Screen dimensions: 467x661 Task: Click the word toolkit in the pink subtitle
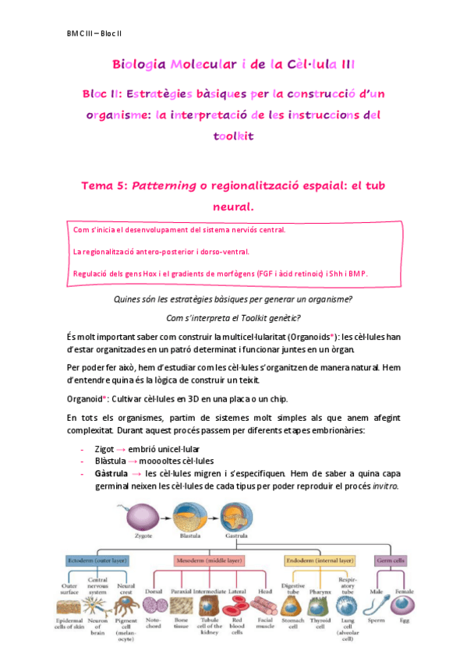(234, 136)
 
